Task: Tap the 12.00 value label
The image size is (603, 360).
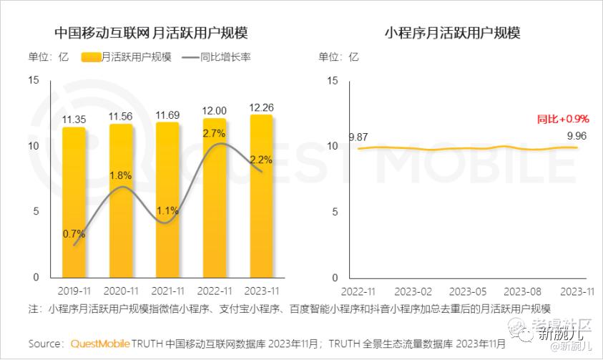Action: [x=214, y=110]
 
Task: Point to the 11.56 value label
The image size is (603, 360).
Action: [x=120, y=116]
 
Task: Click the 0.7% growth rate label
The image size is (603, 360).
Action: [x=74, y=233]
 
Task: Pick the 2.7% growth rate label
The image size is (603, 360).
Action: [x=214, y=133]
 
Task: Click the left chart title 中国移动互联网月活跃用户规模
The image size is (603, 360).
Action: [x=151, y=33]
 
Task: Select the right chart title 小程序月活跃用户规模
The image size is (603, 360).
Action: [x=452, y=33]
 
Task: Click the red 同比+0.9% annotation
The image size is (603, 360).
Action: [x=563, y=119]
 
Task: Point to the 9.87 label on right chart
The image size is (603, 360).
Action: [x=358, y=137]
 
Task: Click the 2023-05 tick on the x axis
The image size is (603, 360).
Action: [x=468, y=291]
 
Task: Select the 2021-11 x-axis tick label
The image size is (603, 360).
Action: [x=167, y=291]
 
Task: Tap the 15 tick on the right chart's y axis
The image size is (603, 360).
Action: [x=331, y=80]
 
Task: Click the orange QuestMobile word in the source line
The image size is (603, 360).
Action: [x=99, y=344]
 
